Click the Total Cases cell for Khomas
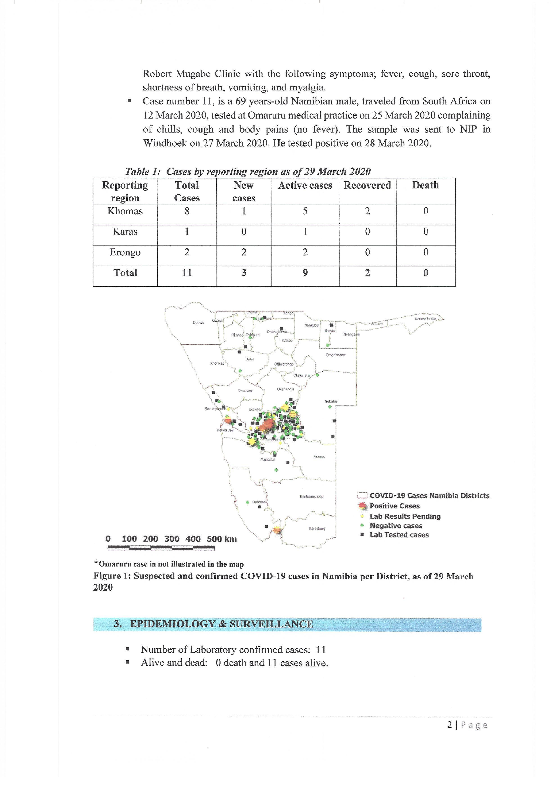(187, 211)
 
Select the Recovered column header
(367, 185)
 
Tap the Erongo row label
(125, 253)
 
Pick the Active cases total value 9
(305, 273)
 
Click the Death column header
(425, 185)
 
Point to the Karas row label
(125, 232)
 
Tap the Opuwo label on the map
(198, 323)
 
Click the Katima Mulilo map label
(425, 319)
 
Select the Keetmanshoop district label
(311, 497)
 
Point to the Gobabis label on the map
(331, 401)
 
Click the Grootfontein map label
(335, 355)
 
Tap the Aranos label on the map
(319, 457)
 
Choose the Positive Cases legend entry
(394, 506)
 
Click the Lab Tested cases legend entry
(399, 535)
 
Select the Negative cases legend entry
(396, 526)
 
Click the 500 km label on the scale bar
(222, 539)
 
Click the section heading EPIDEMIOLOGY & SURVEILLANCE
(221, 624)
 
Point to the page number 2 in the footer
(450, 725)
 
